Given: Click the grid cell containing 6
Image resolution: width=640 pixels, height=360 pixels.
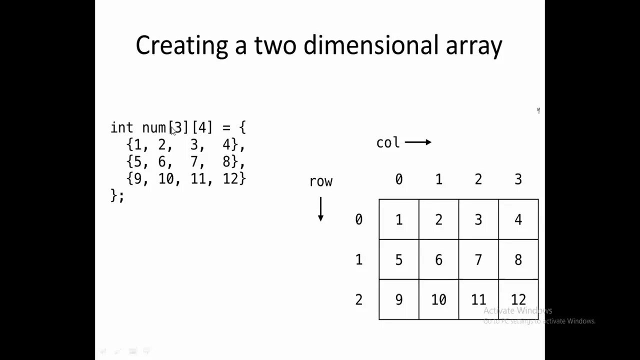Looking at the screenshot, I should pos(438,259).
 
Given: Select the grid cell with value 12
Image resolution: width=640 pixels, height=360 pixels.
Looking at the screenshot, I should pos(518,299).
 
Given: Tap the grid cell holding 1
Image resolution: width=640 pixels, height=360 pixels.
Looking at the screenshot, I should pos(399,219).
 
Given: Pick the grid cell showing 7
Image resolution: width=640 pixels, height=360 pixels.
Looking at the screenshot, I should pos(478,259).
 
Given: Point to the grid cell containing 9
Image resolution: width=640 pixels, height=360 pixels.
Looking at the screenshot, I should pos(399,299).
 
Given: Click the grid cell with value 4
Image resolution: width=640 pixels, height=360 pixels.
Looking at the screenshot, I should pos(518,219).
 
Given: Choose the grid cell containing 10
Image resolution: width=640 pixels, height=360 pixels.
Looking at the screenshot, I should pos(438,299).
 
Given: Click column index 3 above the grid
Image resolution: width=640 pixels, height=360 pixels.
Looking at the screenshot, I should pos(518,179).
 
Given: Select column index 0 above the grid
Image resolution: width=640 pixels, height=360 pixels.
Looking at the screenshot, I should pos(399,179).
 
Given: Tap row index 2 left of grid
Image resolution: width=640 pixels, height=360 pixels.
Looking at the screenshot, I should pos(358,299).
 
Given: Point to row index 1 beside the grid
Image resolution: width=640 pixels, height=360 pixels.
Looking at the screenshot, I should pos(358,259).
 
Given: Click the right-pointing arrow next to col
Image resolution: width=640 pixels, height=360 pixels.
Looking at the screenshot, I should pos(418,142).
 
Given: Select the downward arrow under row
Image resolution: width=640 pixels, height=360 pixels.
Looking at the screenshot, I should pos(320,209).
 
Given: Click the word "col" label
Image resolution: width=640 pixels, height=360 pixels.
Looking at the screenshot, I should pos(388,143).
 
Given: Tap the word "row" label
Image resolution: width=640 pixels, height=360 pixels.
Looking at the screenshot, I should pos(320,181).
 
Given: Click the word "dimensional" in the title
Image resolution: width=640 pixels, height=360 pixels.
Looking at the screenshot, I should pos(370,45).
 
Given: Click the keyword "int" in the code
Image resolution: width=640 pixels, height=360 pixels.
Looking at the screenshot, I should pos(121,128).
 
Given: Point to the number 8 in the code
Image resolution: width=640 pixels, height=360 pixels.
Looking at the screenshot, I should pos(226,161).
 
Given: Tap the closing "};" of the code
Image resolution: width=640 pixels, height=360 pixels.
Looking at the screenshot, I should pos(117,195).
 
